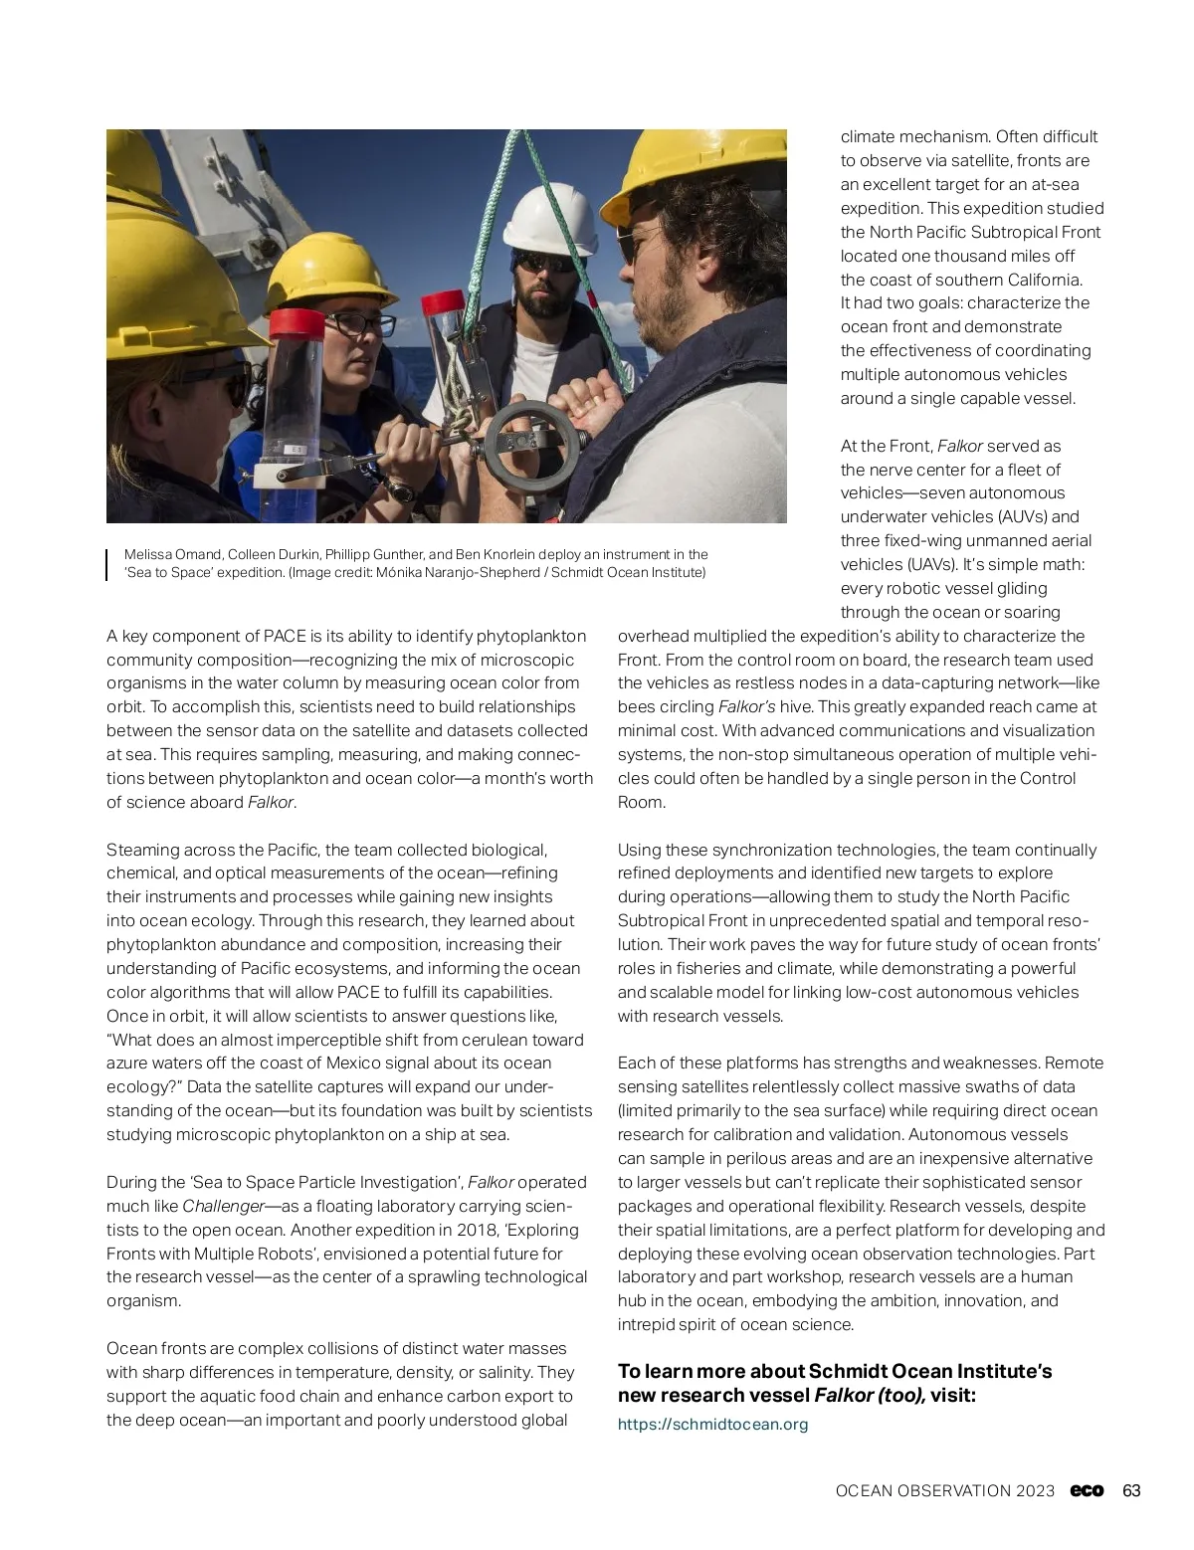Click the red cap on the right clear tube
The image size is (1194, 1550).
click(x=445, y=301)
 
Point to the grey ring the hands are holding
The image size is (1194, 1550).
click(x=531, y=442)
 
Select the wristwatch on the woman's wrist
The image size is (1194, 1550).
click(x=400, y=489)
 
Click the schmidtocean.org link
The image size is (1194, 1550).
click(x=712, y=1424)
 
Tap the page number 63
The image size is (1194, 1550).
click(x=1131, y=1490)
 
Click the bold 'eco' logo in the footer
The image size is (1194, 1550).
click(x=1087, y=1490)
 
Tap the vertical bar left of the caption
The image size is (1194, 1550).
click(x=107, y=563)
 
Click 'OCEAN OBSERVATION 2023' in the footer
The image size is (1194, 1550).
click(x=944, y=1490)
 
